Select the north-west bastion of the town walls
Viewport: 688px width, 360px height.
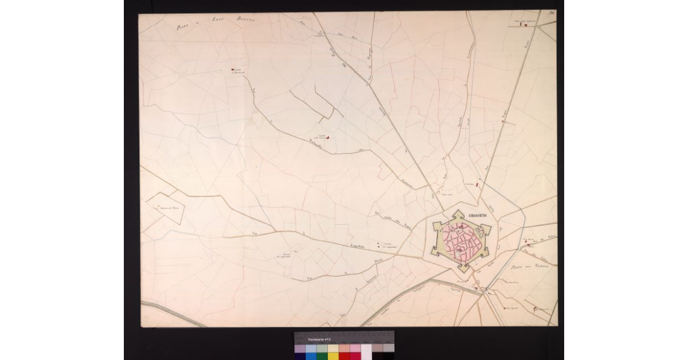[437, 225]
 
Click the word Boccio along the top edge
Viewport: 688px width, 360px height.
[245, 19]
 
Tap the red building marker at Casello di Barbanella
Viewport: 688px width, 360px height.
[232, 70]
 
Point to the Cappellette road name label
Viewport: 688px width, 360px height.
[361, 247]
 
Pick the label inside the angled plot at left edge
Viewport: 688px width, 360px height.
[169, 207]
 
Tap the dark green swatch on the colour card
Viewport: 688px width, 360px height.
[322, 356]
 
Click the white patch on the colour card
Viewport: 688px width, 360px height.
[366, 348]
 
